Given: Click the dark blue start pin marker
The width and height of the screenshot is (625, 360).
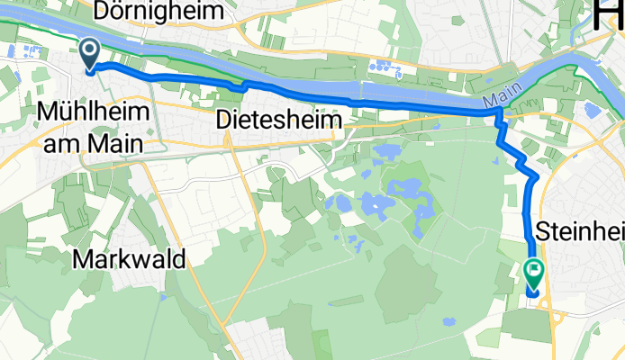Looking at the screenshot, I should click(x=90, y=52).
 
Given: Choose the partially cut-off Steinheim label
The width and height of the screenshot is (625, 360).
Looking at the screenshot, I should click(x=580, y=231).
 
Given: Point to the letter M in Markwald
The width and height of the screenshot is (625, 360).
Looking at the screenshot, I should click(x=81, y=260).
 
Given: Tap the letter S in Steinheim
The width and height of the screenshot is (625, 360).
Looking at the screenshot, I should click(x=543, y=231).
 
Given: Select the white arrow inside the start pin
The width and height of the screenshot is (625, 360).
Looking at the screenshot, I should click(x=90, y=49).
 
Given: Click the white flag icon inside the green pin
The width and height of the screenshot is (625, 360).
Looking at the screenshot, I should click(x=534, y=267).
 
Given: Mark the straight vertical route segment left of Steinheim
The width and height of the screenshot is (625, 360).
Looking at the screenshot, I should click(x=528, y=216).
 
